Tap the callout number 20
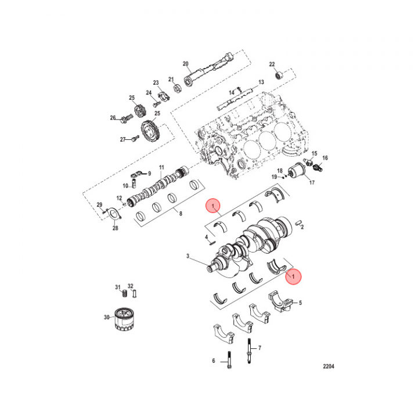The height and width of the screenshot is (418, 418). click(186, 64)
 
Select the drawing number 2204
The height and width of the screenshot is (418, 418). click(329, 367)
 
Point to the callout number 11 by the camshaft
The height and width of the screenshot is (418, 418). click(162, 167)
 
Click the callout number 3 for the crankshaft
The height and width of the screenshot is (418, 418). click(188, 256)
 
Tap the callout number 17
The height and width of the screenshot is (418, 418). click(311, 183)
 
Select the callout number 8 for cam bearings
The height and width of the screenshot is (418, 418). click(181, 214)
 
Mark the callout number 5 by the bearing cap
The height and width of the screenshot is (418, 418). click(301, 302)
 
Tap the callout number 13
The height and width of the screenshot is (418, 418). click(261, 82)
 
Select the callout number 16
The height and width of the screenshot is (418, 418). click(325, 158)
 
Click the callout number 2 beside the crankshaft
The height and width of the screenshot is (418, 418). click(302, 228)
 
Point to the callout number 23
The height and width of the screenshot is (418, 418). click(156, 82)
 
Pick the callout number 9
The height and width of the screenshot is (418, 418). click(148, 174)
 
